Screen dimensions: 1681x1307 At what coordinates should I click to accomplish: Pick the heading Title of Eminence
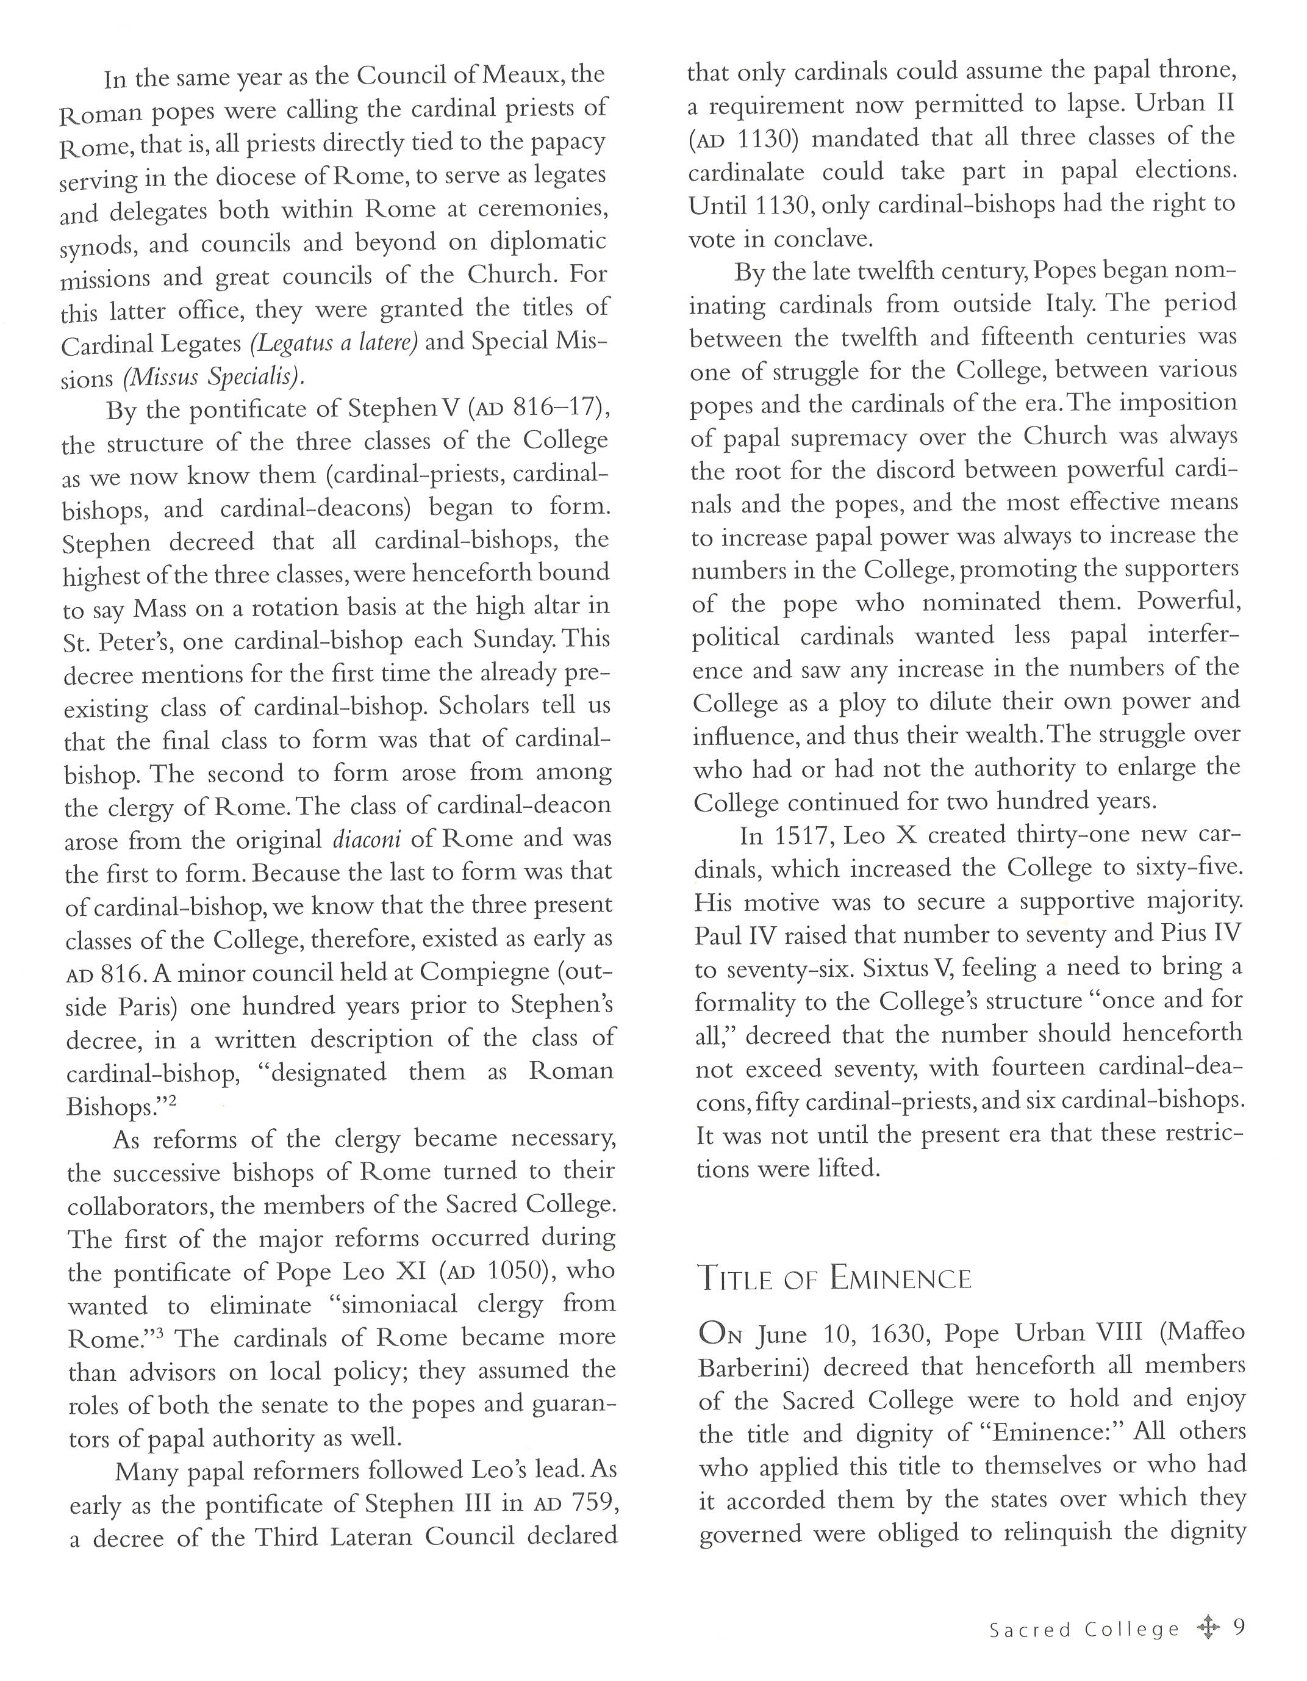[x=834, y=1280]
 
